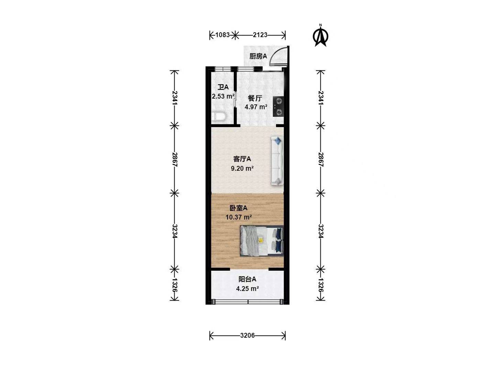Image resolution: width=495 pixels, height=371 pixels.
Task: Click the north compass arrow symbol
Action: click(320, 36)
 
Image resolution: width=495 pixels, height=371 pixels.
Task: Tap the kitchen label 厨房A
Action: click(258, 56)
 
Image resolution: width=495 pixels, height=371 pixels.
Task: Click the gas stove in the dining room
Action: click(278, 106)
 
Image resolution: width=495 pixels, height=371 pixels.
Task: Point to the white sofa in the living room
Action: click(277, 161)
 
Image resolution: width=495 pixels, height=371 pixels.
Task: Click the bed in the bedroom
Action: click(262, 241)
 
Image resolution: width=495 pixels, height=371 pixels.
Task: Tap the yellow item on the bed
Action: click(261, 240)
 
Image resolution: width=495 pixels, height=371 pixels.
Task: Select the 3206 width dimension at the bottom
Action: click(247, 335)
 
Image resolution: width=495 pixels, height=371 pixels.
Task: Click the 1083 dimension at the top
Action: click(222, 35)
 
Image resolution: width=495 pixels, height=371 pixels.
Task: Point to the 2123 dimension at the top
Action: click(260, 35)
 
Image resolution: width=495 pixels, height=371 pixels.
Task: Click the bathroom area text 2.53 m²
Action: click(223, 97)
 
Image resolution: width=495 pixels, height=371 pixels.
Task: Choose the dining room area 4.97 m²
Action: click(256, 107)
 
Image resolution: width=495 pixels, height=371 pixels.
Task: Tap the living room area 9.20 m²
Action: click(242, 168)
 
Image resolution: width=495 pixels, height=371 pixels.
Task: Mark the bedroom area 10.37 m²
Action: click(239, 217)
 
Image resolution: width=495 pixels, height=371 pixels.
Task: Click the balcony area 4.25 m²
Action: click(247, 289)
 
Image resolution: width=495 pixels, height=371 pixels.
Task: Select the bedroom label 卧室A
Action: click(238, 208)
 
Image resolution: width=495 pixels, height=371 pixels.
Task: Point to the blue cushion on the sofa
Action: click(278, 141)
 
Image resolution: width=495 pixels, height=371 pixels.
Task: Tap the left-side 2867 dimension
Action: click(175, 160)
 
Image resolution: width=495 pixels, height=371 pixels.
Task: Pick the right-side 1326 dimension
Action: click(321, 285)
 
